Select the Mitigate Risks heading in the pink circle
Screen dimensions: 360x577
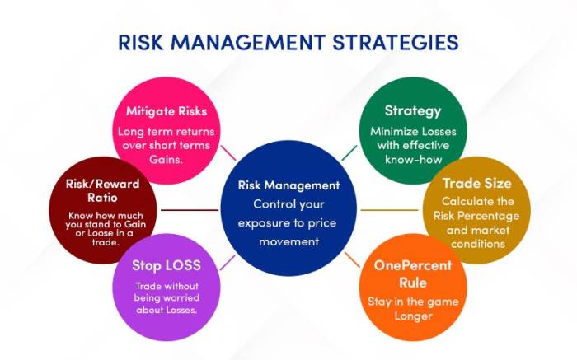click(167, 111)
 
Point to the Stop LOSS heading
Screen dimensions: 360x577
click(166, 265)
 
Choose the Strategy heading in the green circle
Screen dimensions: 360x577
click(412, 110)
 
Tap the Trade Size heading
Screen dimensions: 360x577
click(476, 183)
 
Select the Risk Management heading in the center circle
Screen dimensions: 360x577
click(288, 185)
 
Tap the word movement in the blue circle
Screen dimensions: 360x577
click(288, 242)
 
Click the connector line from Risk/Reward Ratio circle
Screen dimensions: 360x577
click(190, 210)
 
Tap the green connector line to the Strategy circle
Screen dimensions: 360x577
click(349, 153)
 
